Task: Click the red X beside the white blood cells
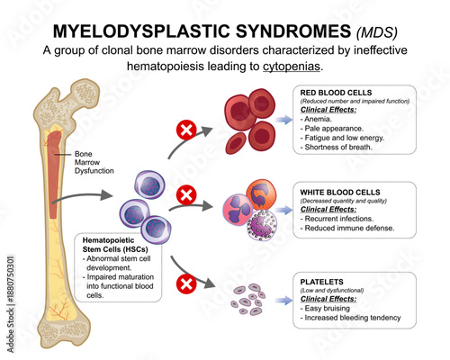pyautogui.click(x=187, y=193)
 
